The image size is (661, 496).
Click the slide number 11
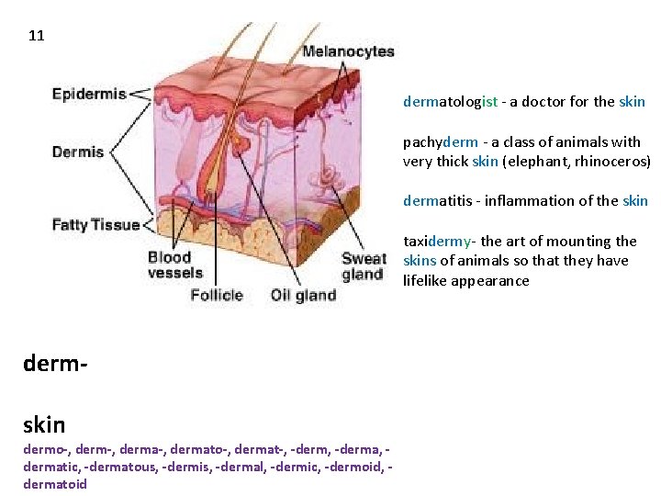coord(37,37)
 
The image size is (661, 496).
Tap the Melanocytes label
coord(348,52)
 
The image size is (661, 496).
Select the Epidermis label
coord(89,94)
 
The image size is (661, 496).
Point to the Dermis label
coord(78,152)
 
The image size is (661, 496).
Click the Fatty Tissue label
coord(95,224)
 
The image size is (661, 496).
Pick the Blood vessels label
coord(175,265)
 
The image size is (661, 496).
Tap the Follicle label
coord(217,295)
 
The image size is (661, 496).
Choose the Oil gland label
coord(303,295)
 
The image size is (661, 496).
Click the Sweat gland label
coord(364,265)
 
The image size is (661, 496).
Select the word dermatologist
coord(451,102)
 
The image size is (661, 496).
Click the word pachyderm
coord(441,142)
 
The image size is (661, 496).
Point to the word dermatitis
coord(440,201)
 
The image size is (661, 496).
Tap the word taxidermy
coord(437,242)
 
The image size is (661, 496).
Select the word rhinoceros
coord(614,162)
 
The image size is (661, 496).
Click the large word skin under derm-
coord(43,423)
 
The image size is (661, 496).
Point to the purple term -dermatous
coord(118,468)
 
